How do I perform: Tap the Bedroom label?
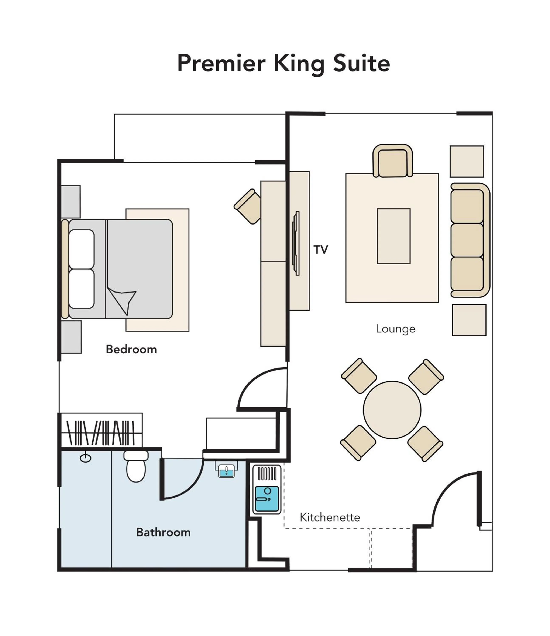point(131,349)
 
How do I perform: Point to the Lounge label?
point(395,329)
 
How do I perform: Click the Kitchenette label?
point(330,517)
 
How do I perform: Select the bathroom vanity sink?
point(226,471)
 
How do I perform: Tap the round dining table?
point(392,410)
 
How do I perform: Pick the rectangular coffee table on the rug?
point(393,236)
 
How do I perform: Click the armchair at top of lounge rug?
point(393,161)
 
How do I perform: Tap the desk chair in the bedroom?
point(248,206)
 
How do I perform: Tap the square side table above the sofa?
point(467,162)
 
